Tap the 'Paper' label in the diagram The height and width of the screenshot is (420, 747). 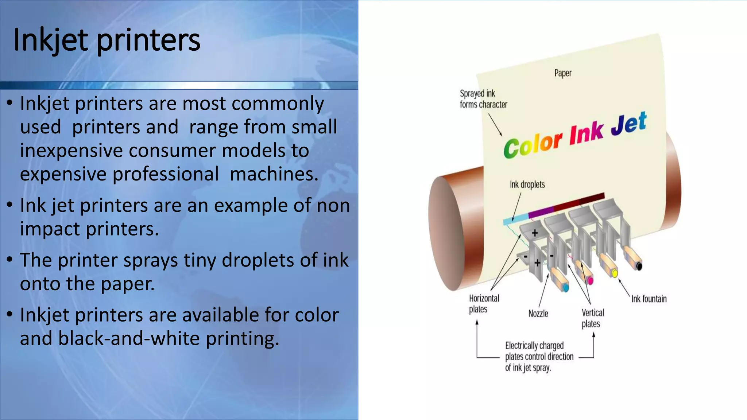(x=563, y=73)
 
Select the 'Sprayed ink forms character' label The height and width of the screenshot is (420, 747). (x=483, y=99)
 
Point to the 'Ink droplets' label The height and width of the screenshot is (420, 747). (x=527, y=184)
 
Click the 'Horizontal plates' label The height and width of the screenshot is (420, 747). (x=484, y=304)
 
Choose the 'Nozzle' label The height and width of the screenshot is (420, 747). (x=538, y=314)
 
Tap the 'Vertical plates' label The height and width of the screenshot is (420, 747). (x=592, y=318)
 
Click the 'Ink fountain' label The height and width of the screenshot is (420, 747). (x=649, y=299)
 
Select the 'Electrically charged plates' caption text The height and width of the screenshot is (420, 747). (x=539, y=357)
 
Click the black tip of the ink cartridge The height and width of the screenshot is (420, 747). (x=639, y=267)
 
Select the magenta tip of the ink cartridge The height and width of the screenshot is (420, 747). (x=590, y=281)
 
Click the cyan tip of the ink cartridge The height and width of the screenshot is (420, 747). (x=565, y=288)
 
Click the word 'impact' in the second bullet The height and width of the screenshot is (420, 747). (x=50, y=229)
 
